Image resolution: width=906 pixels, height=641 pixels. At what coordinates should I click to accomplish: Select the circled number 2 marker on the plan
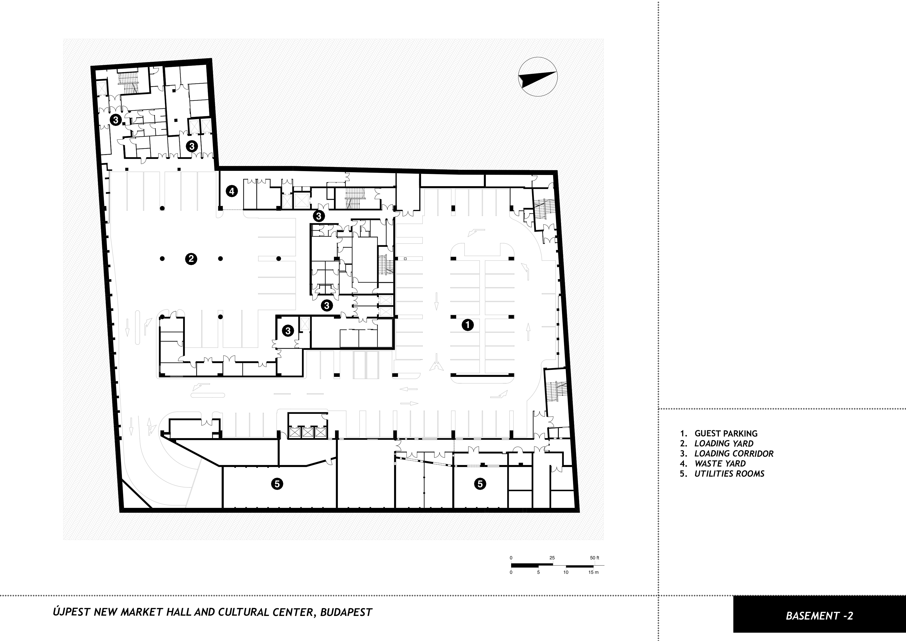[x=191, y=259]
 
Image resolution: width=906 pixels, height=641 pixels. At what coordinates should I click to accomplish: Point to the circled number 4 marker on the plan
[x=232, y=192]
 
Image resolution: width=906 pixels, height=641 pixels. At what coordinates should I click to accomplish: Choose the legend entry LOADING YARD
[x=724, y=444]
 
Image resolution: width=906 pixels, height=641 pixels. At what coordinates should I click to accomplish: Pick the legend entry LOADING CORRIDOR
[x=734, y=453]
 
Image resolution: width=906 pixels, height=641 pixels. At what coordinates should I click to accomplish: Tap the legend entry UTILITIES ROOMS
[x=729, y=473]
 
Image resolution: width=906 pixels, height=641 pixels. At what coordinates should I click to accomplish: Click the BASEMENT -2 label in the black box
[x=819, y=616]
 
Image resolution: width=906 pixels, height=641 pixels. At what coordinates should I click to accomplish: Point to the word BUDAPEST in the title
[x=346, y=613]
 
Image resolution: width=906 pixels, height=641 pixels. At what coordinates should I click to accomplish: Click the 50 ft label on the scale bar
[x=595, y=558]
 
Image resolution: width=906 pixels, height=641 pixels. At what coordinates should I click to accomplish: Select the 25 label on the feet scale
[x=552, y=558]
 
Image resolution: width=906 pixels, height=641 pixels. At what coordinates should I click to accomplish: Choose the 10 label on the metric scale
[x=566, y=572]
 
